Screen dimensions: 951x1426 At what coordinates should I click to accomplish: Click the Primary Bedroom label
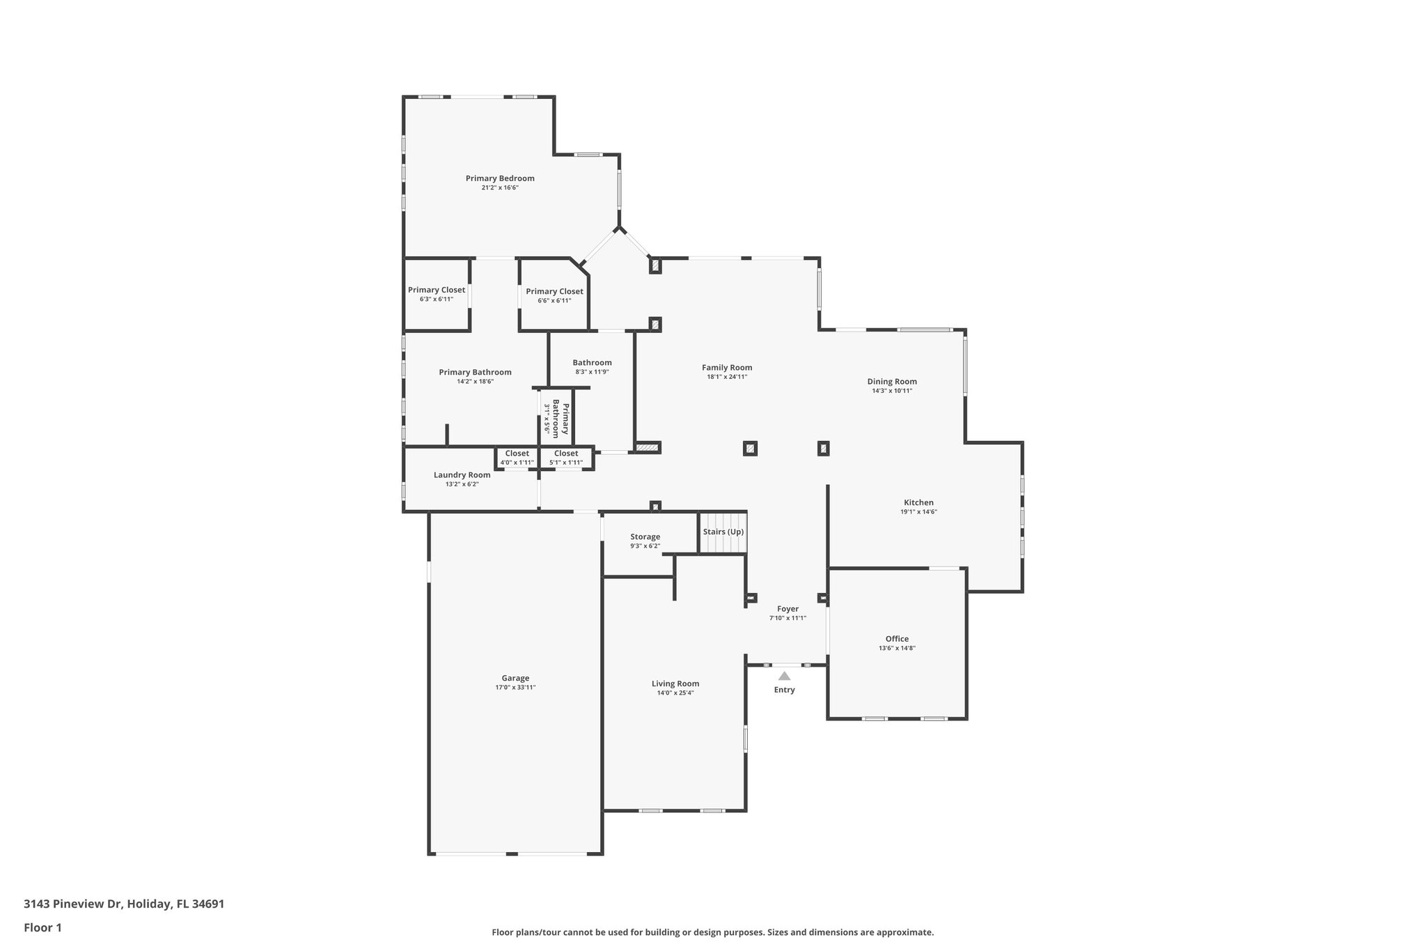500,178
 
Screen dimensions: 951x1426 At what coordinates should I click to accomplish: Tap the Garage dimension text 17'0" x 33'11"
515,688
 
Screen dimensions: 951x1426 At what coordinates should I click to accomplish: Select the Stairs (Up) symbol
723,533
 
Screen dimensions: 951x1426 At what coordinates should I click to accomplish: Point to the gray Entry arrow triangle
784,676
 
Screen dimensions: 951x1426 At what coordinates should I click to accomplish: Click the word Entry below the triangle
784,690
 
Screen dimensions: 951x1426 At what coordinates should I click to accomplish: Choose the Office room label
897,639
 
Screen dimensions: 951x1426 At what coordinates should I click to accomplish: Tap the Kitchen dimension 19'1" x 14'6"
918,512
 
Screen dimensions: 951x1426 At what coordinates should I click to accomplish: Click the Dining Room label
892,381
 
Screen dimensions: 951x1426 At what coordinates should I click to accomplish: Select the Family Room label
727,367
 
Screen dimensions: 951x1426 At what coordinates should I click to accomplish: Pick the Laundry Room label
462,474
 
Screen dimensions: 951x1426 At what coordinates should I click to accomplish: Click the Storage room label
645,536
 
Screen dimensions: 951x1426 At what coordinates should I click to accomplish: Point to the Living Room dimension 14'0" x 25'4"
675,693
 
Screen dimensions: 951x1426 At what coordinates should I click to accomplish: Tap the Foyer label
788,609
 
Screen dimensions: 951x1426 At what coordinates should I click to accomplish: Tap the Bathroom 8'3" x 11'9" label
592,362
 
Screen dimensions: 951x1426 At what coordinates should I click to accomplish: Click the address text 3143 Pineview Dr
72,904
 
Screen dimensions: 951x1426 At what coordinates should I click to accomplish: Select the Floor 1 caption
42,927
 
